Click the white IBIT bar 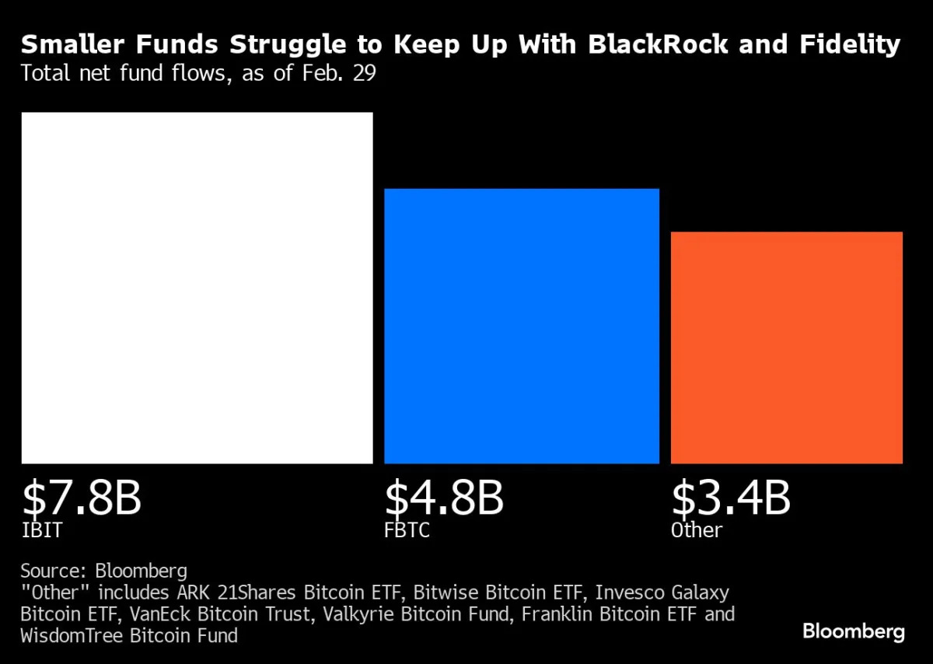(197, 288)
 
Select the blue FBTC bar (521, 326)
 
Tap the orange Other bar (786, 348)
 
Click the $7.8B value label (82, 499)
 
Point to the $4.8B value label (444, 499)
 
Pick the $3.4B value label (730, 499)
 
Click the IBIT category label (41, 531)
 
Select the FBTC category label (407, 531)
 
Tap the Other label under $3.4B (697, 531)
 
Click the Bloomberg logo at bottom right (853, 631)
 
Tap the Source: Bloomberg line (104, 571)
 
